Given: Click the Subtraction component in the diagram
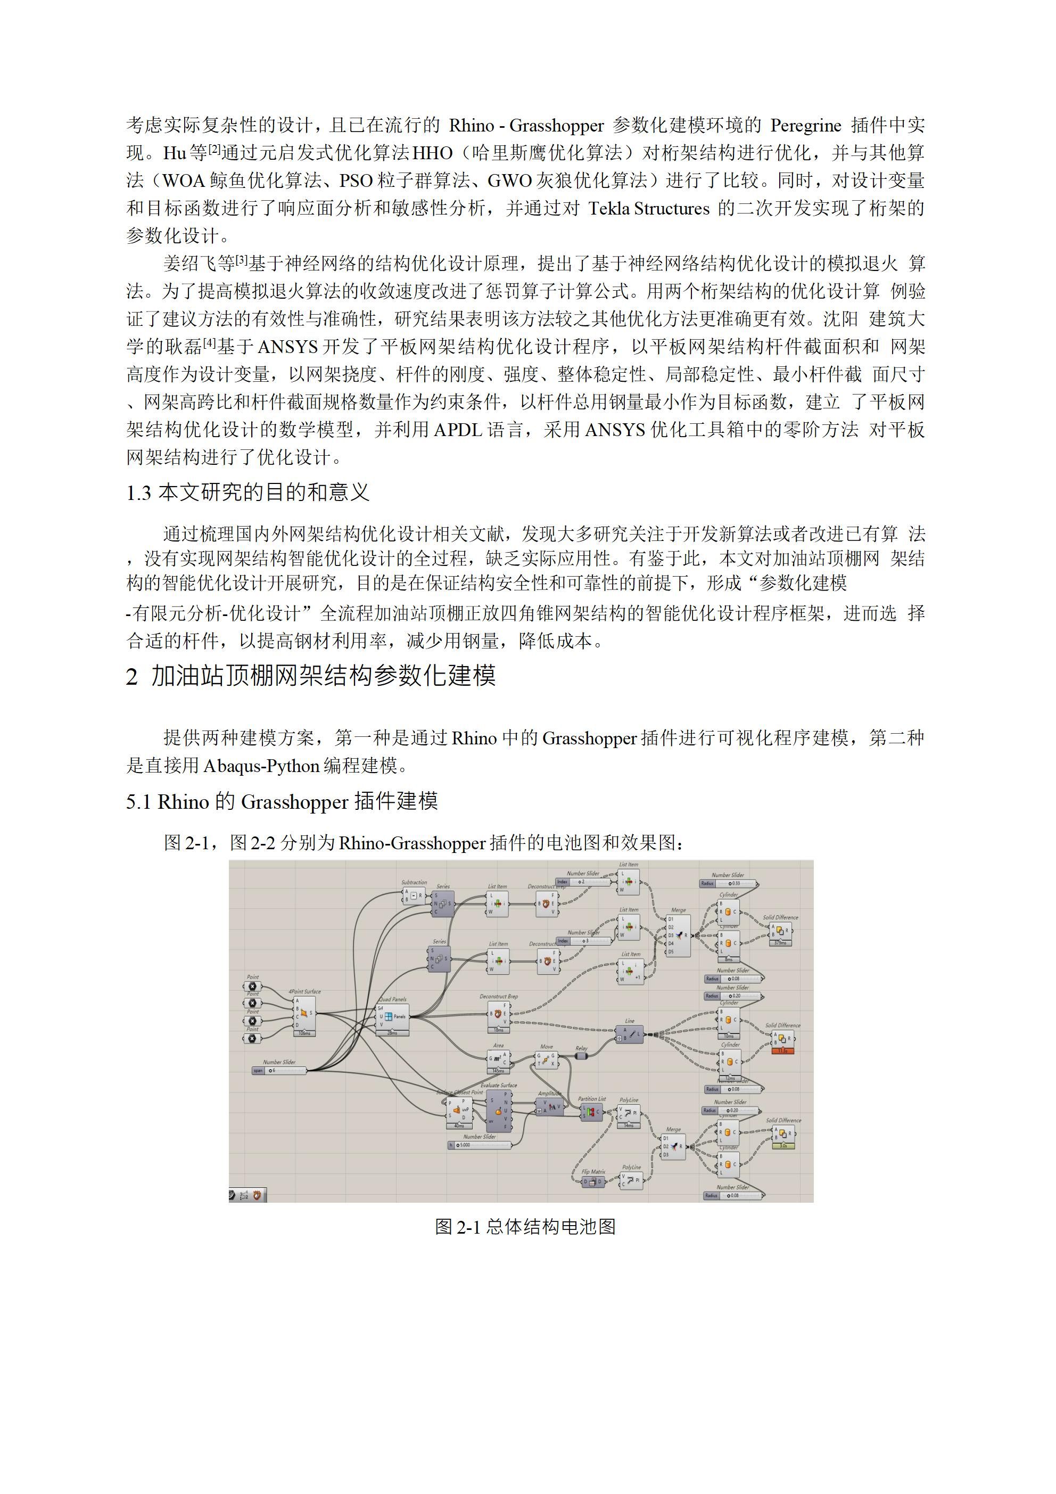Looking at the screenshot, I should tap(414, 896).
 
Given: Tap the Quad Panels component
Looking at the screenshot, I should tap(393, 1016).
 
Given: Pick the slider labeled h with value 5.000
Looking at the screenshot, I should tap(479, 1145).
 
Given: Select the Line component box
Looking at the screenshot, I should tap(630, 1033).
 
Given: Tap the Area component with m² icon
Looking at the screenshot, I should tap(498, 1058).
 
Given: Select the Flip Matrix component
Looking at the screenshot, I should tap(593, 1181).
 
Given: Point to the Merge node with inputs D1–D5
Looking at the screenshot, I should tap(678, 935).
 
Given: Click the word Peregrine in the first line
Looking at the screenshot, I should tap(805, 125).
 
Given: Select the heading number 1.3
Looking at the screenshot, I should tap(138, 492).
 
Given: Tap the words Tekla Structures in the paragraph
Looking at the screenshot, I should tap(649, 208).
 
